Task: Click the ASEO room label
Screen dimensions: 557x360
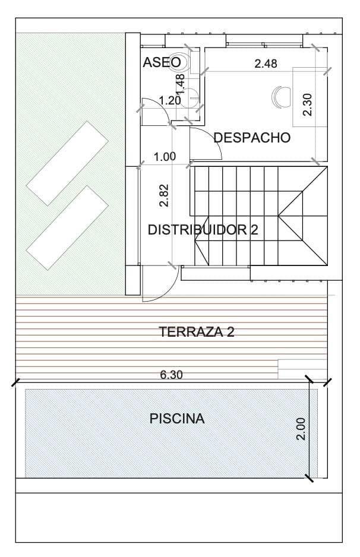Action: pyautogui.click(x=157, y=62)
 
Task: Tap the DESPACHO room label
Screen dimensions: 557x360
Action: pyautogui.click(x=252, y=138)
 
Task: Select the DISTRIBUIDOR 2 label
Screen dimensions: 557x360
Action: pyautogui.click(x=203, y=230)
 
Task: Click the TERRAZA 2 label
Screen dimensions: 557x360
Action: pyautogui.click(x=197, y=332)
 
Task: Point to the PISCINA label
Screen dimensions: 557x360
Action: pyautogui.click(x=177, y=419)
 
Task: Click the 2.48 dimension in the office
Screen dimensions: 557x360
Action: pyautogui.click(x=266, y=64)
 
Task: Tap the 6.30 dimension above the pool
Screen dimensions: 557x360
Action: pyautogui.click(x=171, y=375)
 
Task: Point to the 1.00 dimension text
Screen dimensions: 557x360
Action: pyautogui.click(x=165, y=157)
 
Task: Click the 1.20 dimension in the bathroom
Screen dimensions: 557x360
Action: pyautogui.click(x=170, y=100)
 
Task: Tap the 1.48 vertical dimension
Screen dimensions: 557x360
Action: pyautogui.click(x=181, y=84)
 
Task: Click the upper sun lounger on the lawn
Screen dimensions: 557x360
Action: pyautogui.click(x=67, y=163)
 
